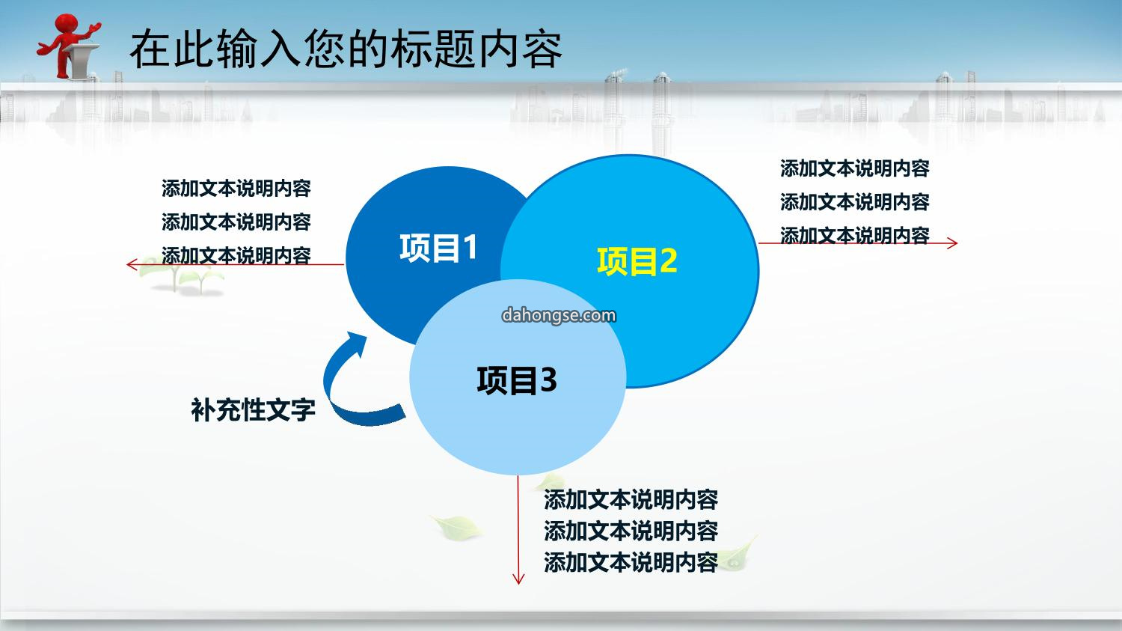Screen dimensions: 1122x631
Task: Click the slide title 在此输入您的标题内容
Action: [346, 49]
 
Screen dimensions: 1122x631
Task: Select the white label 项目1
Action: [438, 248]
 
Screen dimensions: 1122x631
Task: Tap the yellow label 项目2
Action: [637, 260]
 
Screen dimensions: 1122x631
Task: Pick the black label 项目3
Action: [517, 380]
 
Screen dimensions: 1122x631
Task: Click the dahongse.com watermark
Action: [559, 315]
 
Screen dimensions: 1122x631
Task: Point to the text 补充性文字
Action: [253, 409]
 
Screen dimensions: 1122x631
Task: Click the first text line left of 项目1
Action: [236, 189]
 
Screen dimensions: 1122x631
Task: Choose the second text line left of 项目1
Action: [236, 222]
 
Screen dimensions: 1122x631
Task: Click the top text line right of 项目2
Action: [854, 168]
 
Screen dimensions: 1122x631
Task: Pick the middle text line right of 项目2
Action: [854, 202]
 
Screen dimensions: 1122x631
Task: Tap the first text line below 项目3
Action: [631, 500]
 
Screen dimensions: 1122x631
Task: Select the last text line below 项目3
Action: [631, 562]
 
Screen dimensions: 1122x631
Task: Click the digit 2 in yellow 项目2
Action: [668, 260]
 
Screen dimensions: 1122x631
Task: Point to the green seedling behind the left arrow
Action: [180, 275]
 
